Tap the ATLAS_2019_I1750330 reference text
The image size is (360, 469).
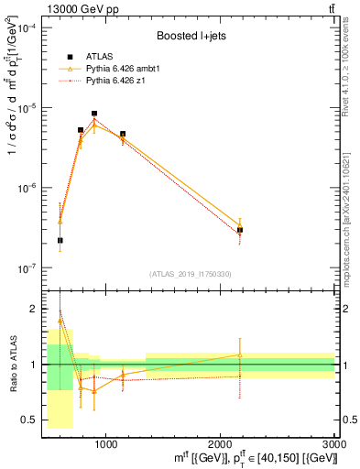[191, 274]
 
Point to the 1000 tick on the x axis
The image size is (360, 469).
[105, 442]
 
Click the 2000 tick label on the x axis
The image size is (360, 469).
[220, 442]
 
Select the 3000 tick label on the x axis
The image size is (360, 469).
[333, 442]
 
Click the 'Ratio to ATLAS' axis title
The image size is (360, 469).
[12, 364]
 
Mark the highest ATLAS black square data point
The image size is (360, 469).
[94, 114]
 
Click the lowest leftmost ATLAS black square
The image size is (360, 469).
[60, 240]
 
